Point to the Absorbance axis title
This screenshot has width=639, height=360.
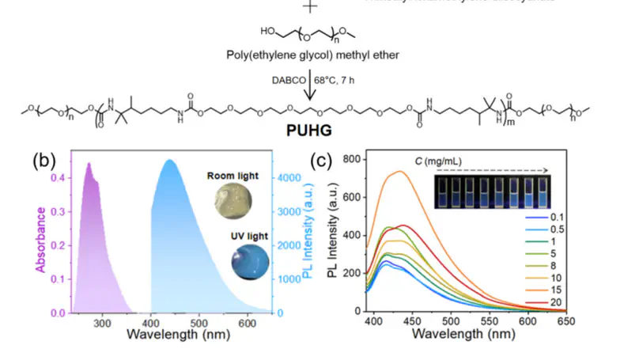pyautogui.click(x=39, y=237)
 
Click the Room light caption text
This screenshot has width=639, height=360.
pyautogui.click(x=233, y=176)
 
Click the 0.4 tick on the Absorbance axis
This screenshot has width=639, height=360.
pyautogui.click(x=61, y=178)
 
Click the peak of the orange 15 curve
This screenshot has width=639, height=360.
pyautogui.click(x=399, y=171)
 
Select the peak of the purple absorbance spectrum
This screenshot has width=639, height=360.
pyautogui.click(x=89, y=164)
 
